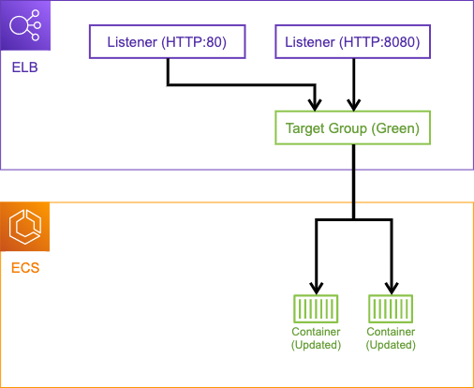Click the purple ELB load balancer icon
(x=25, y=25)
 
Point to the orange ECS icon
(x=25, y=227)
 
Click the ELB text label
(x=25, y=67)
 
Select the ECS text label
(x=25, y=268)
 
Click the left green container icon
(x=316, y=308)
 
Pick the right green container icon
(x=391, y=308)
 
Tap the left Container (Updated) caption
(x=316, y=338)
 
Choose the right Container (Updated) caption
(x=391, y=338)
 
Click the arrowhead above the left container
(x=317, y=289)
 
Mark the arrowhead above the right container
(x=392, y=289)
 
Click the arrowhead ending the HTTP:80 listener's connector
(x=315, y=105)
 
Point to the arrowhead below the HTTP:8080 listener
(x=354, y=105)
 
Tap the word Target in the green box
(x=305, y=128)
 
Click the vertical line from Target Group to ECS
(x=353, y=182)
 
